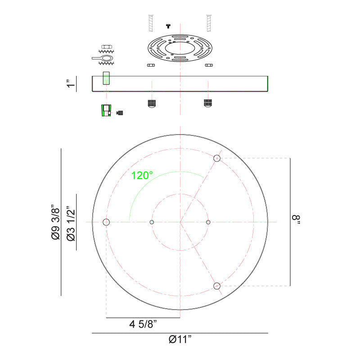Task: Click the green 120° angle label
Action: pyautogui.click(x=142, y=175)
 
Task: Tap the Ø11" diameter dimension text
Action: pyautogui.click(x=180, y=340)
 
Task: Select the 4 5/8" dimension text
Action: pyautogui.click(x=143, y=324)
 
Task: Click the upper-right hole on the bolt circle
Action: pyautogui.click(x=217, y=158)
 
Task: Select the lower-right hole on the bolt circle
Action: pyautogui.click(x=217, y=286)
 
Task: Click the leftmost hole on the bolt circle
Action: pyautogui.click(x=106, y=222)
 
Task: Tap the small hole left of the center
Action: pyautogui.click(x=152, y=222)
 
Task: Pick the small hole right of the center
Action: pyautogui.click(x=208, y=222)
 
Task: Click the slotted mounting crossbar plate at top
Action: pyautogui.click(x=180, y=49)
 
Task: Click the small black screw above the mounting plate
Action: pyautogui.click(x=169, y=26)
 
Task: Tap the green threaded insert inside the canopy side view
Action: pyautogui.click(x=107, y=78)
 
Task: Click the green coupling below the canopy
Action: pyautogui.click(x=106, y=110)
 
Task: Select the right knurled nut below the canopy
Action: pyautogui.click(x=207, y=103)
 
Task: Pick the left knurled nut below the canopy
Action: pyautogui.click(x=152, y=103)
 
